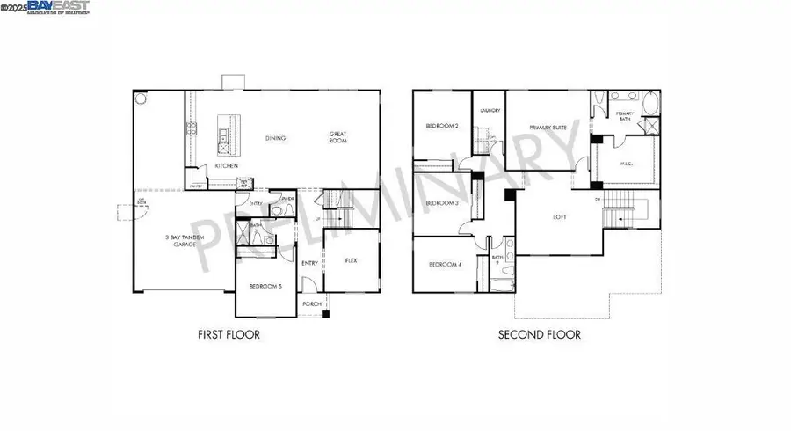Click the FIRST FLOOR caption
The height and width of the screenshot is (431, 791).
tap(229, 334)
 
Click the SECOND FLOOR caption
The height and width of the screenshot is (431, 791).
tap(539, 334)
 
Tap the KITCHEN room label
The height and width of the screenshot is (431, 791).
tap(227, 166)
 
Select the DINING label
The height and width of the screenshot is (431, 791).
tap(278, 138)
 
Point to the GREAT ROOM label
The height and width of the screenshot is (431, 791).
tap(338, 138)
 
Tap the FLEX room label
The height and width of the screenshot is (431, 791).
tap(351, 260)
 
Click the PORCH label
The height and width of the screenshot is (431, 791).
tap(311, 304)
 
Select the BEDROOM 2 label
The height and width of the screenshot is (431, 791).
tap(441, 127)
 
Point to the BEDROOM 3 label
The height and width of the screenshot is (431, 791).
tap(442, 202)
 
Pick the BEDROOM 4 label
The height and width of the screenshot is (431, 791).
tap(444, 265)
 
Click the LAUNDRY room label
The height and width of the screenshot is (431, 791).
tap(490, 111)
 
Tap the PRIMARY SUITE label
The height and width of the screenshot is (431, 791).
tap(548, 128)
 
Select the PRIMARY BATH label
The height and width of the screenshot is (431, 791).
tap(625, 116)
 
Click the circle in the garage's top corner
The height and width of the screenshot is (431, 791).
tap(138, 99)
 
